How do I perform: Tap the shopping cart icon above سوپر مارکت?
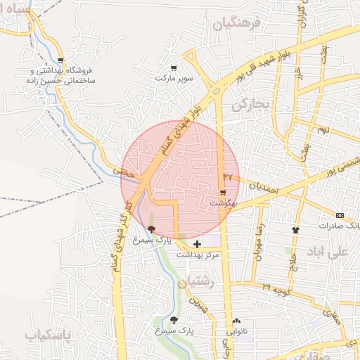pos(173,68)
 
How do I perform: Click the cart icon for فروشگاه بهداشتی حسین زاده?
pos(62,61)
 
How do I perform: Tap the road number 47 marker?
pos(227,175)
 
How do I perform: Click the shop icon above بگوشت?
pos(223,192)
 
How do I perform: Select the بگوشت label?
pos(224,202)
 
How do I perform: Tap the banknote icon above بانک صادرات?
pos(340,215)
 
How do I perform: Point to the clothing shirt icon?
pos(296,230)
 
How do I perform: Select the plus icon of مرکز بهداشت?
pos(196,243)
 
